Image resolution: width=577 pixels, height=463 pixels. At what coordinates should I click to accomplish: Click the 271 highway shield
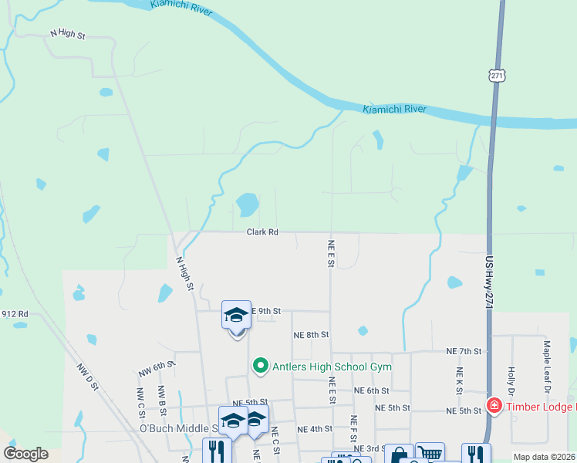click(x=497, y=75)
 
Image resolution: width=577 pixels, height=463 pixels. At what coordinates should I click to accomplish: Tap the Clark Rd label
click(x=262, y=231)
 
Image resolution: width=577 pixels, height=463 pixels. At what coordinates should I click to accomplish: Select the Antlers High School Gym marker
click(x=261, y=366)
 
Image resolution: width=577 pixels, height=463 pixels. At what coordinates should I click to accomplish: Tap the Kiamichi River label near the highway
click(x=395, y=110)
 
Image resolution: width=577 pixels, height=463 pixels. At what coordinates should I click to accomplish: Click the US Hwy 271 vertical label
click(x=489, y=283)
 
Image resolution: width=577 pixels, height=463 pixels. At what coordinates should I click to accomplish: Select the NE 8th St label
click(x=311, y=335)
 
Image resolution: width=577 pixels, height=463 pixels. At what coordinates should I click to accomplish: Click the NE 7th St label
click(x=464, y=351)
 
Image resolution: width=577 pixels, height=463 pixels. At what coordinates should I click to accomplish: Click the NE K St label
click(x=458, y=380)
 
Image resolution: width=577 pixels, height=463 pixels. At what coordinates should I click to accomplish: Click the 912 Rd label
click(x=15, y=314)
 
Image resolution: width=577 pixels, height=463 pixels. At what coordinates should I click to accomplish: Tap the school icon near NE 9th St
click(x=236, y=315)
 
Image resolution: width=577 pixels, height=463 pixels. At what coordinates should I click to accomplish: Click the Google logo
click(x=25, y=454)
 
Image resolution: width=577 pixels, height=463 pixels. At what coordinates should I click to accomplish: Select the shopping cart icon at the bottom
click(x=430, y=454)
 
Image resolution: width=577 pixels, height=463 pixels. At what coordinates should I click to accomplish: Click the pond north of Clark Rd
click(x=248, y=204)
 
